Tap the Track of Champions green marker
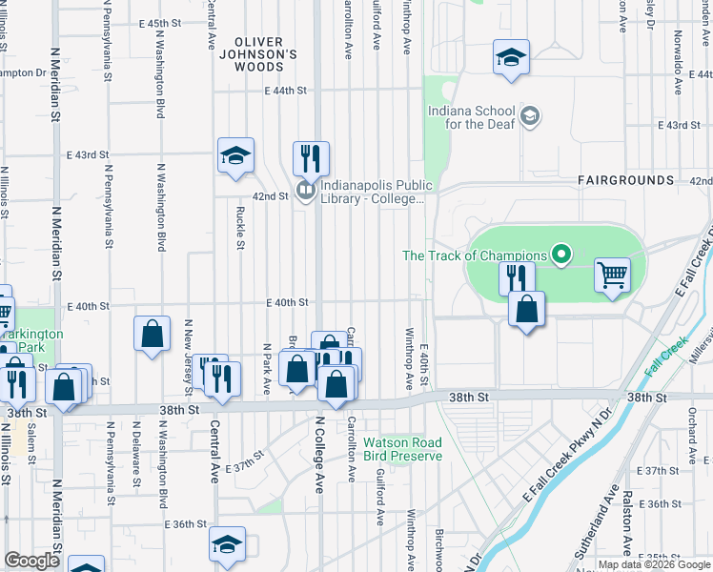pyautogui.click(x=561, y=255)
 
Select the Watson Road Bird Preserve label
pyautogui.click(x=402, y=449)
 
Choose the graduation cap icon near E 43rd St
pyautogui.click(x=235, y=154)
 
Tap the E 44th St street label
pyautogui.click(x=287, y=91)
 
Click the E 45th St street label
pyautogui.click(x=158, y=23)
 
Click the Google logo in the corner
pyautogui.click(x=31, y=561)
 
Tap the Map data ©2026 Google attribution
pyautogui.click(x=653, y=564)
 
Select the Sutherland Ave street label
pyautogui.click(x=606, y=529)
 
